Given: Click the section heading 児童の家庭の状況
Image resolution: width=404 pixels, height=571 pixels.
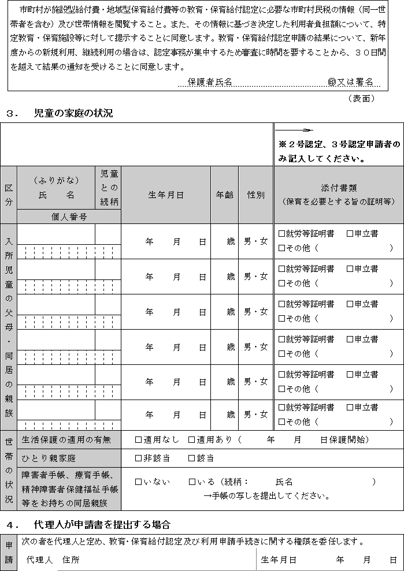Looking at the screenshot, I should pos(73,113).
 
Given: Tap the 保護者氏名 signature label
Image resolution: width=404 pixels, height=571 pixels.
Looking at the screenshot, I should pos(210,82).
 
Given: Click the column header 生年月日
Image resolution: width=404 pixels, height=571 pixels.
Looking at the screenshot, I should pos(165,195).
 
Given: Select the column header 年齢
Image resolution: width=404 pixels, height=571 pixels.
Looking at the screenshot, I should pos(225,195).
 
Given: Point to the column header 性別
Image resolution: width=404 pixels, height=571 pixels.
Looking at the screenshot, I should pos(255,195).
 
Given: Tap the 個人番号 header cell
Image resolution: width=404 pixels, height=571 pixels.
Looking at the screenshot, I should pos(69,217).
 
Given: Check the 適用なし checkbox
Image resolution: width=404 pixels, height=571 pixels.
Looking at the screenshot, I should pos(138,440).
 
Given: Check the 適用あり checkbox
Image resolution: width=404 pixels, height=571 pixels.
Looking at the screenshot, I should pos(192,440).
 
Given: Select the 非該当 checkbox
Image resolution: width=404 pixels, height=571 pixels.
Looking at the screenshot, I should pos(138,458).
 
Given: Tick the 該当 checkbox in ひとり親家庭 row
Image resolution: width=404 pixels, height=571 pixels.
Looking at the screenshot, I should pos(192,458).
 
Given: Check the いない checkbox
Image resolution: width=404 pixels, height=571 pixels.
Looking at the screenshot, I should pos(138,482).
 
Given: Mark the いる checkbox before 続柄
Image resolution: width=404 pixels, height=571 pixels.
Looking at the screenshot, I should pos(192,482).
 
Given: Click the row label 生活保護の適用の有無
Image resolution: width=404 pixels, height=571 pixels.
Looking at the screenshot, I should pos(67,440).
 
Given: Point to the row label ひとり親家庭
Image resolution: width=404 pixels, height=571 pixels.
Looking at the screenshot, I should pos(49,458).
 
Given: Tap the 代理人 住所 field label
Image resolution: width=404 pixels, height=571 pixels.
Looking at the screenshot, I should pos(53,559).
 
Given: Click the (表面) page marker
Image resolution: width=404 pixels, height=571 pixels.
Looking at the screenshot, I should pos(362,98).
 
